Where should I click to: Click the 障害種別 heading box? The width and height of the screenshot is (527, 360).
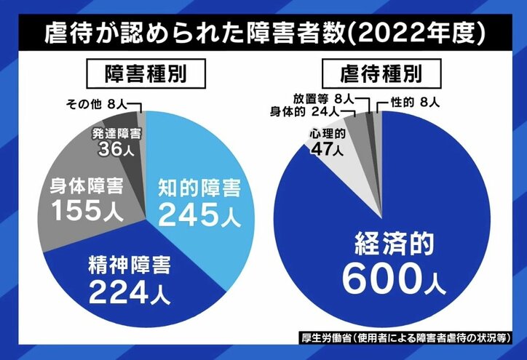tap(140, 73)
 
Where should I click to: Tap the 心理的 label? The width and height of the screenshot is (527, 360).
tap(326, 135)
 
